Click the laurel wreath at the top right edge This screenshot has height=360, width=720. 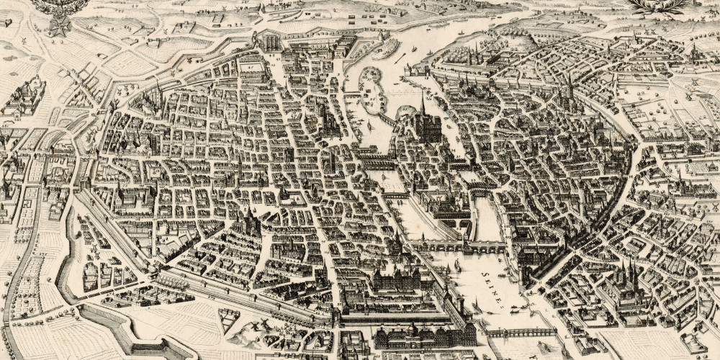point(658,7)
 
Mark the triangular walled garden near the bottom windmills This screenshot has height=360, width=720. point(228,320)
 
